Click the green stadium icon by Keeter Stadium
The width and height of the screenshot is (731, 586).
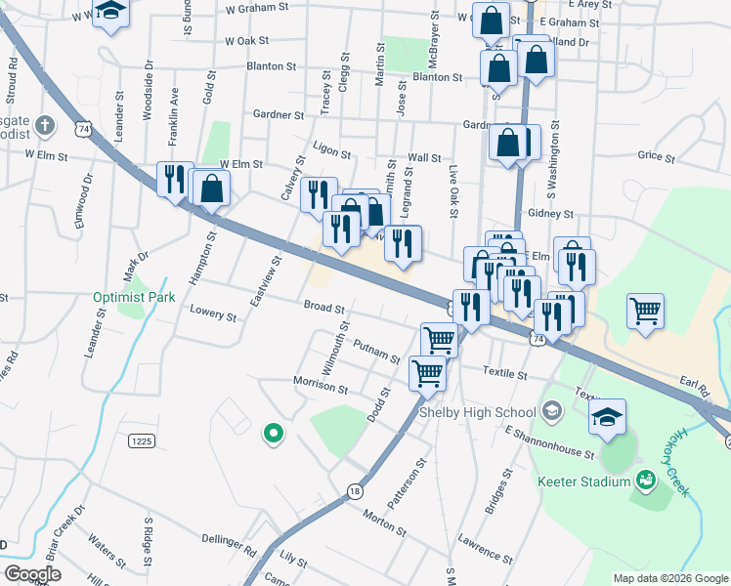click(x=645, y=479)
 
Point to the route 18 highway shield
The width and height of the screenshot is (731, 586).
click(x=354, y=491)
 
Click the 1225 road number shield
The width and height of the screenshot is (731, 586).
click(x=142, y=441)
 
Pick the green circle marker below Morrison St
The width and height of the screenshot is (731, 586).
click(x=274, y=433)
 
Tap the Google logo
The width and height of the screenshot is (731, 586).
click(x=32, y=574)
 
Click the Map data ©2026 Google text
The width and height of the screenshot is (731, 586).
click(x=669, y=578)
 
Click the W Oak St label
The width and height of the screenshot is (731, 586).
click(x=246, y=41)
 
